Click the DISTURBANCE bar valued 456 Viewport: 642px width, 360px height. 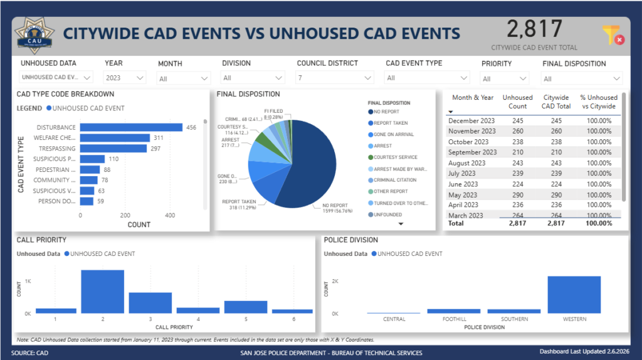point(132,127)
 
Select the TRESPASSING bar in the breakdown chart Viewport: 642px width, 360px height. point(113,149)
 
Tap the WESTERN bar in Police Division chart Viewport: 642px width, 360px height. point(574,294)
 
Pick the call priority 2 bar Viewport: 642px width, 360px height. point(102,292)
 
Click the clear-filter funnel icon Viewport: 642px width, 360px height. point(613,35)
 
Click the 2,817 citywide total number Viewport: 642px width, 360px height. point(534,29)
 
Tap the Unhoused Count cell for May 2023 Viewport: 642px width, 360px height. point(517,194)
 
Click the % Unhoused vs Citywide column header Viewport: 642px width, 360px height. point(599,102)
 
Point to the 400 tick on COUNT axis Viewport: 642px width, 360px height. point(170,214)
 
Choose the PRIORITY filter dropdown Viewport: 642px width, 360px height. point(503,78)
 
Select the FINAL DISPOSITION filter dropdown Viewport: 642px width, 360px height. point(582,78)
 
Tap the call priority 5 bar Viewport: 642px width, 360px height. point(245,307)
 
